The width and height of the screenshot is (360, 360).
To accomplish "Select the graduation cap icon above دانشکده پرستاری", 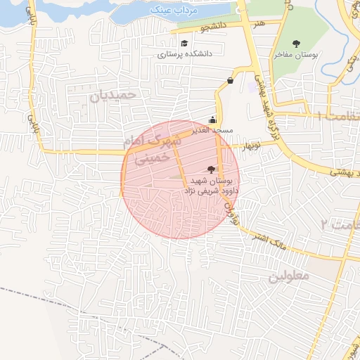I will click(184, 44).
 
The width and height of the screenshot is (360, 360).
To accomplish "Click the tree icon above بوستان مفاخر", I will click(295, 44).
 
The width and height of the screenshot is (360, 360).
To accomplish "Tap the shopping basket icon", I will click(231, 81).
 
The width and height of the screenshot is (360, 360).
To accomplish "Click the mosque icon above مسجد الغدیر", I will click(213, 120).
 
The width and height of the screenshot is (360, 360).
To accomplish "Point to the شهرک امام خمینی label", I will click(152, 150).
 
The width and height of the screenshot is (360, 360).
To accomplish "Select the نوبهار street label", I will click(251, 147).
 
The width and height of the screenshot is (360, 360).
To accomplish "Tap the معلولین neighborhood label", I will click(288, 276).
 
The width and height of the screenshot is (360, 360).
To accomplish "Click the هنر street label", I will click(261, 24).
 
